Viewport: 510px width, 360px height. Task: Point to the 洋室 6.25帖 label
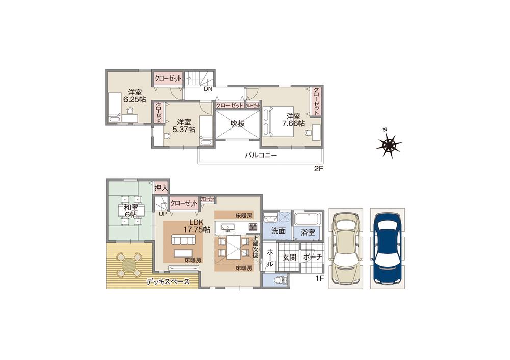pyautogui.click(x=135, y=96)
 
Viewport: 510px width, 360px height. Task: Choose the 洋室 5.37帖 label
pyautogui.click(x=185, y=125)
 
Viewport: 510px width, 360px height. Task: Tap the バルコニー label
pyautogui.click(x=260, y=156)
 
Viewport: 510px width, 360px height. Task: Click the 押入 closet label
pyautogui.click(x=161, y=188)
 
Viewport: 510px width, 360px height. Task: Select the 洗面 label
pyautogui.click(x=278, y=231)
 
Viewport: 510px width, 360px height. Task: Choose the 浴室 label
pyautogui.click(x=308, y=232)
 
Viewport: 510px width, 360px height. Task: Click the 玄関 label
pyautogui.click(x=289, y=258)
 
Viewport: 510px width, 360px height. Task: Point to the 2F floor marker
pyautogui.click(x=319, y=168)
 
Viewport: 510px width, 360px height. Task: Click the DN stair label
pyautogui.click(x=208, y=89)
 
